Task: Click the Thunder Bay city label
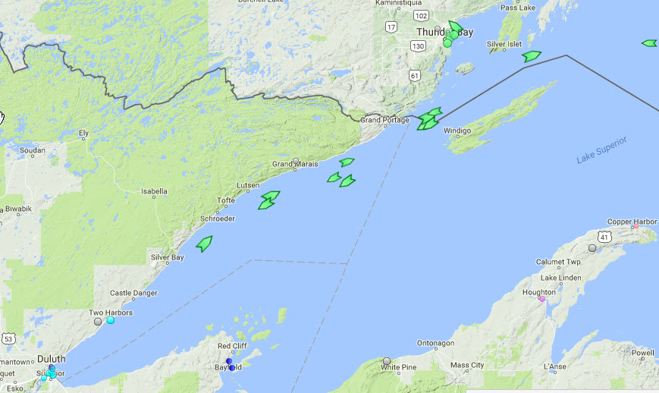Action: [438, 32]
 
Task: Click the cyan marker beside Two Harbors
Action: [111, 320]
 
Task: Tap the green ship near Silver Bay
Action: [204, 243]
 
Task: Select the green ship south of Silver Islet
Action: [532, 56]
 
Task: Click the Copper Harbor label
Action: [632, 222]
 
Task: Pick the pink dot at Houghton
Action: [541, 299]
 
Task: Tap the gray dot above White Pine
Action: [387, 361]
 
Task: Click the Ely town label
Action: [83, 134]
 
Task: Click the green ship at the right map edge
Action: [649, 43]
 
